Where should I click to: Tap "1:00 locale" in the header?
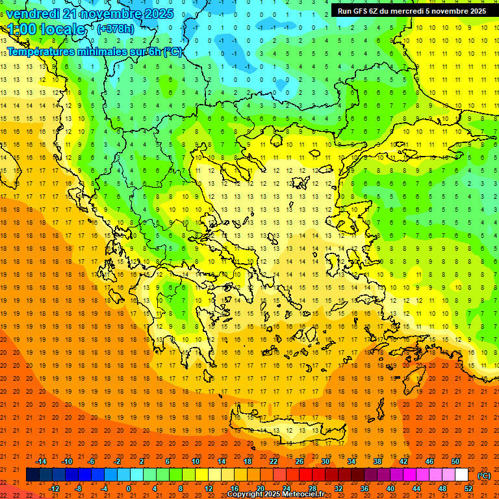tap(47, 29)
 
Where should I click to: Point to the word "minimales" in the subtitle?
tap(109, 52)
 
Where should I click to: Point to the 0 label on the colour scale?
tap(129, 489)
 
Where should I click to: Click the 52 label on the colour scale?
tap(469, 489)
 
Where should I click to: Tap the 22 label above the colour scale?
tap(274, 461)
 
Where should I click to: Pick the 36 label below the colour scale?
tap(364, 489)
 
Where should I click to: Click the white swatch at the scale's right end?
tap(461, 475)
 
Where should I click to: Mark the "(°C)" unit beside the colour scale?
tap(484, 476)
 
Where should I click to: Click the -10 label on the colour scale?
tap(66, 461)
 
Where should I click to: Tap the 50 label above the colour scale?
tap(455, 461)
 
